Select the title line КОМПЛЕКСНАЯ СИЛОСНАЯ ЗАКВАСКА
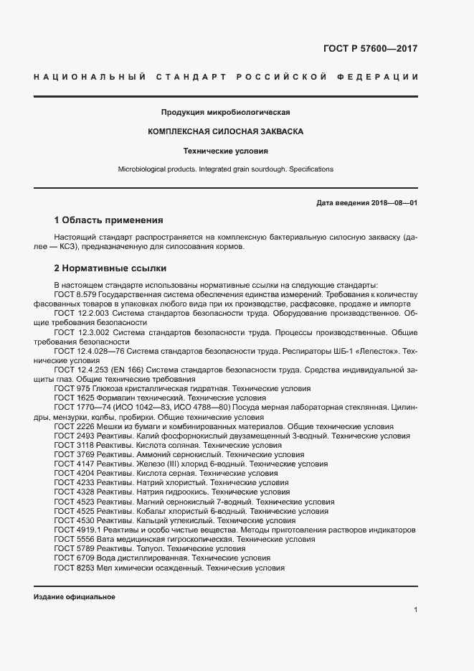coord(226,132)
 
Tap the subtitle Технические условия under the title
coord(226,151)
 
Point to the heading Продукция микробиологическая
coord(226,113)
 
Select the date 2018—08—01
coord(393,203)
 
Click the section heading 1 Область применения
coord(109,220)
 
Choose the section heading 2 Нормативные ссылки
coord(110,268)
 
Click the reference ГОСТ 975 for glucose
coord(72,388)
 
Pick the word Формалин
coord(114,398)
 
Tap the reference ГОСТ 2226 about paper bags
coord(74,426)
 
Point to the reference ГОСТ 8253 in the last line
coord(74,567)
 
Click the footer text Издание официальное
coord(75,597)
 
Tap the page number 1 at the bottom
coord(415,609)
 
